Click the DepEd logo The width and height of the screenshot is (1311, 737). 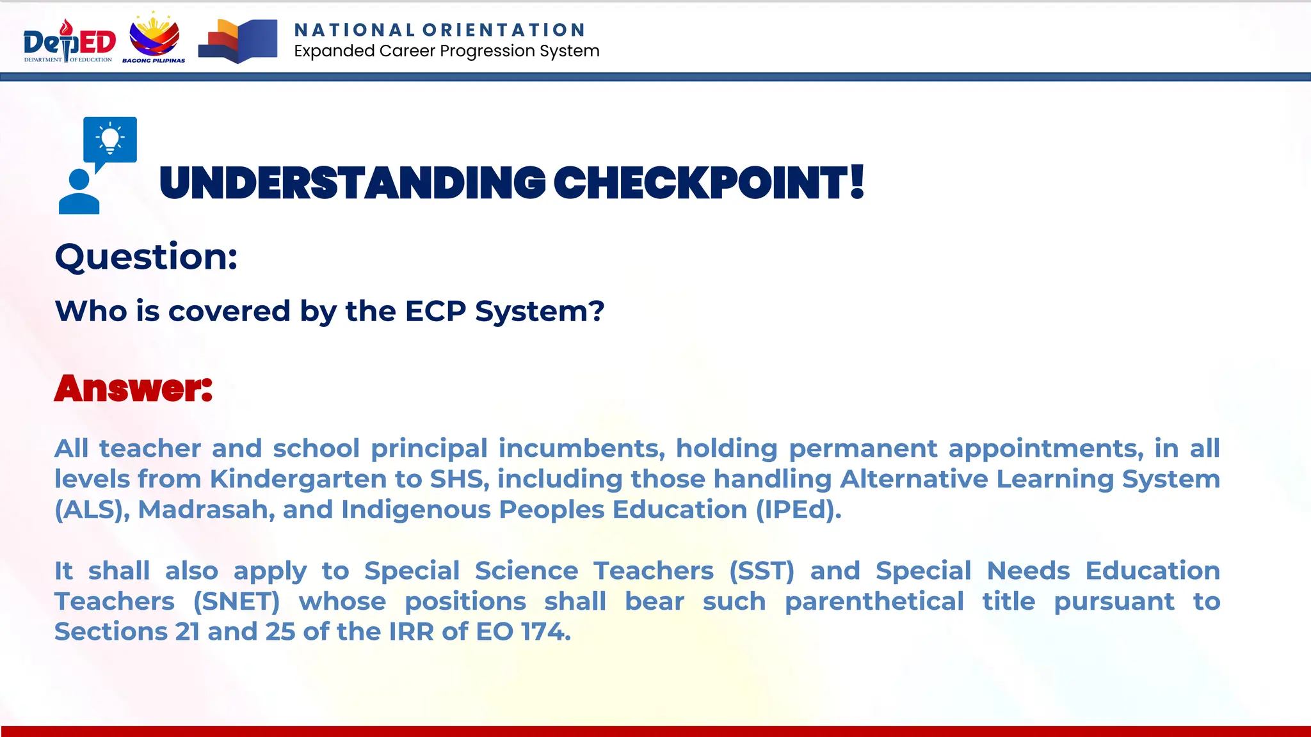click(69, 42)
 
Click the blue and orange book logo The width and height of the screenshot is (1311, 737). click(237, 42)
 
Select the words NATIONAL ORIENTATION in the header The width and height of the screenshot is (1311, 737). click(439, 30)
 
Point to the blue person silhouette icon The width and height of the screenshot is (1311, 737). click(79, 192)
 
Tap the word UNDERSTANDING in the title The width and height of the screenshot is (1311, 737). click(352, 184)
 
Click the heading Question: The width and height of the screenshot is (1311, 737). click(147, 257)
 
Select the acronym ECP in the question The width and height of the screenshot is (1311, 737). click(435, 312)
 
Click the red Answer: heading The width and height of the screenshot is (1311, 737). click(133, 388)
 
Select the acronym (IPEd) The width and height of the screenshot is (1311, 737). click(798, 510)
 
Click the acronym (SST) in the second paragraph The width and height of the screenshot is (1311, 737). click(762, 571)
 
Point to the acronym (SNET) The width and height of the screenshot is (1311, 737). click(237, 601)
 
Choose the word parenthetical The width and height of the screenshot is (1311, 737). click(874, 601)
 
